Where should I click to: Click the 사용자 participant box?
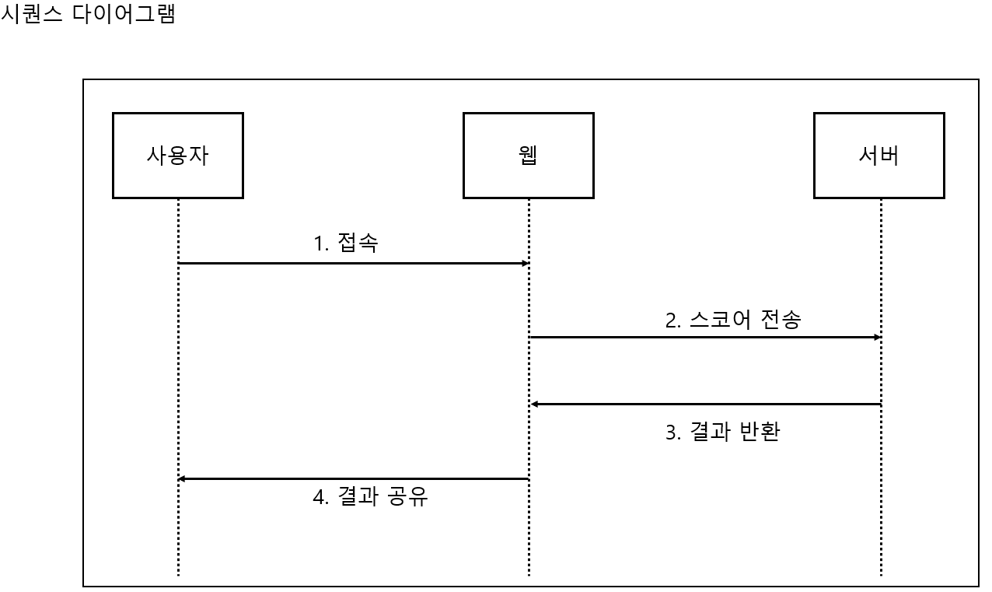click(x=177, y=156)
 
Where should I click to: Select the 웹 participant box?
click(x=528, y=156)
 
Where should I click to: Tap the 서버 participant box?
click(x=878, y=156)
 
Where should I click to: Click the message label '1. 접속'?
click(x=345, y=243)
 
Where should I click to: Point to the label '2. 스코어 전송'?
click(x=732, y=320)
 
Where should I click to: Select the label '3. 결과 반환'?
click(x=722, y=432)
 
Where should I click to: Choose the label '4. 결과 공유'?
click(x=370, y=496)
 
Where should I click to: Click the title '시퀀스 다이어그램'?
click(x=88, y=14)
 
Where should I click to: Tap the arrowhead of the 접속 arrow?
click(x=526, y=264)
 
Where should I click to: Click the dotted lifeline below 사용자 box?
click(x=178, y=373)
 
